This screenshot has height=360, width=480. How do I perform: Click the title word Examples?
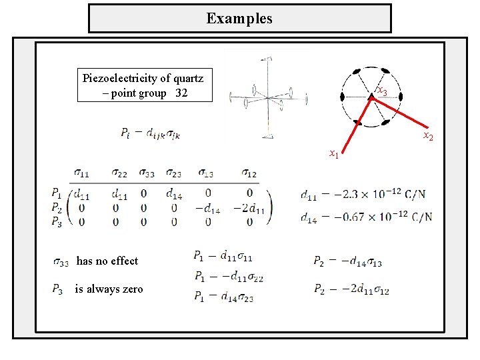pyautogui.click(x=239, y=18)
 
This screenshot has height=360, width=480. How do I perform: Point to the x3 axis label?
pyautogui.click(x=382, y=91)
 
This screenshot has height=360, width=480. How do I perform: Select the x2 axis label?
pyautogui.click(x=428, y=137)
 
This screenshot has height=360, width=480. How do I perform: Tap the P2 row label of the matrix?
pyautogui.click(x=59, y=207)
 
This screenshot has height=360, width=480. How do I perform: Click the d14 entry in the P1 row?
pyautogui.click(x=173, y=195)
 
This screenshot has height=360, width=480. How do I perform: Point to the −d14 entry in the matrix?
pyautogui.click(x=208, y=207)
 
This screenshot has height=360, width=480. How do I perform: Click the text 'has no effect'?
pyautogui.click(x=107, y=261)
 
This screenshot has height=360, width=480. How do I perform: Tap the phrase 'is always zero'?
pyautogui.click(x=109, y=289)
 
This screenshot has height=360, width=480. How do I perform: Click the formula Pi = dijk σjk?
pyautogui.click(x=151, y=133)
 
